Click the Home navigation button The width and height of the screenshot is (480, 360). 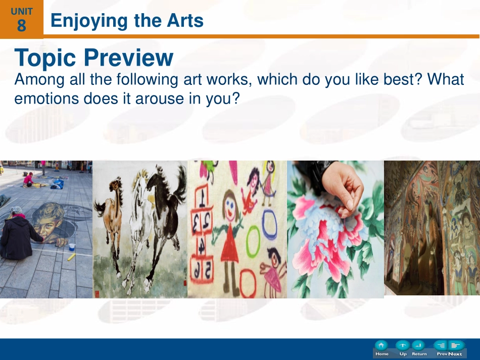point(381,348)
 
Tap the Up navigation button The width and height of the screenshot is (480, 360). point(403,348)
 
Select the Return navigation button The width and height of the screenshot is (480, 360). point(419,348)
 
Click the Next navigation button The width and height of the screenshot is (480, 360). point(456,348)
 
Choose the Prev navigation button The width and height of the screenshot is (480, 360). point(442,348)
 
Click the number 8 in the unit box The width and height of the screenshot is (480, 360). point(21,25)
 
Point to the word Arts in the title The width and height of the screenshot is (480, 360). point(185,21)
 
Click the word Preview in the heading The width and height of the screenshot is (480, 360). point(128,58)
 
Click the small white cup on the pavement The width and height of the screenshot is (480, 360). point(72,247)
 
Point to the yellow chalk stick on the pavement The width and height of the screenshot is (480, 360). point(72,257)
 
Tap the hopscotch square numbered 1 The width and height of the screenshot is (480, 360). point(201,196)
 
